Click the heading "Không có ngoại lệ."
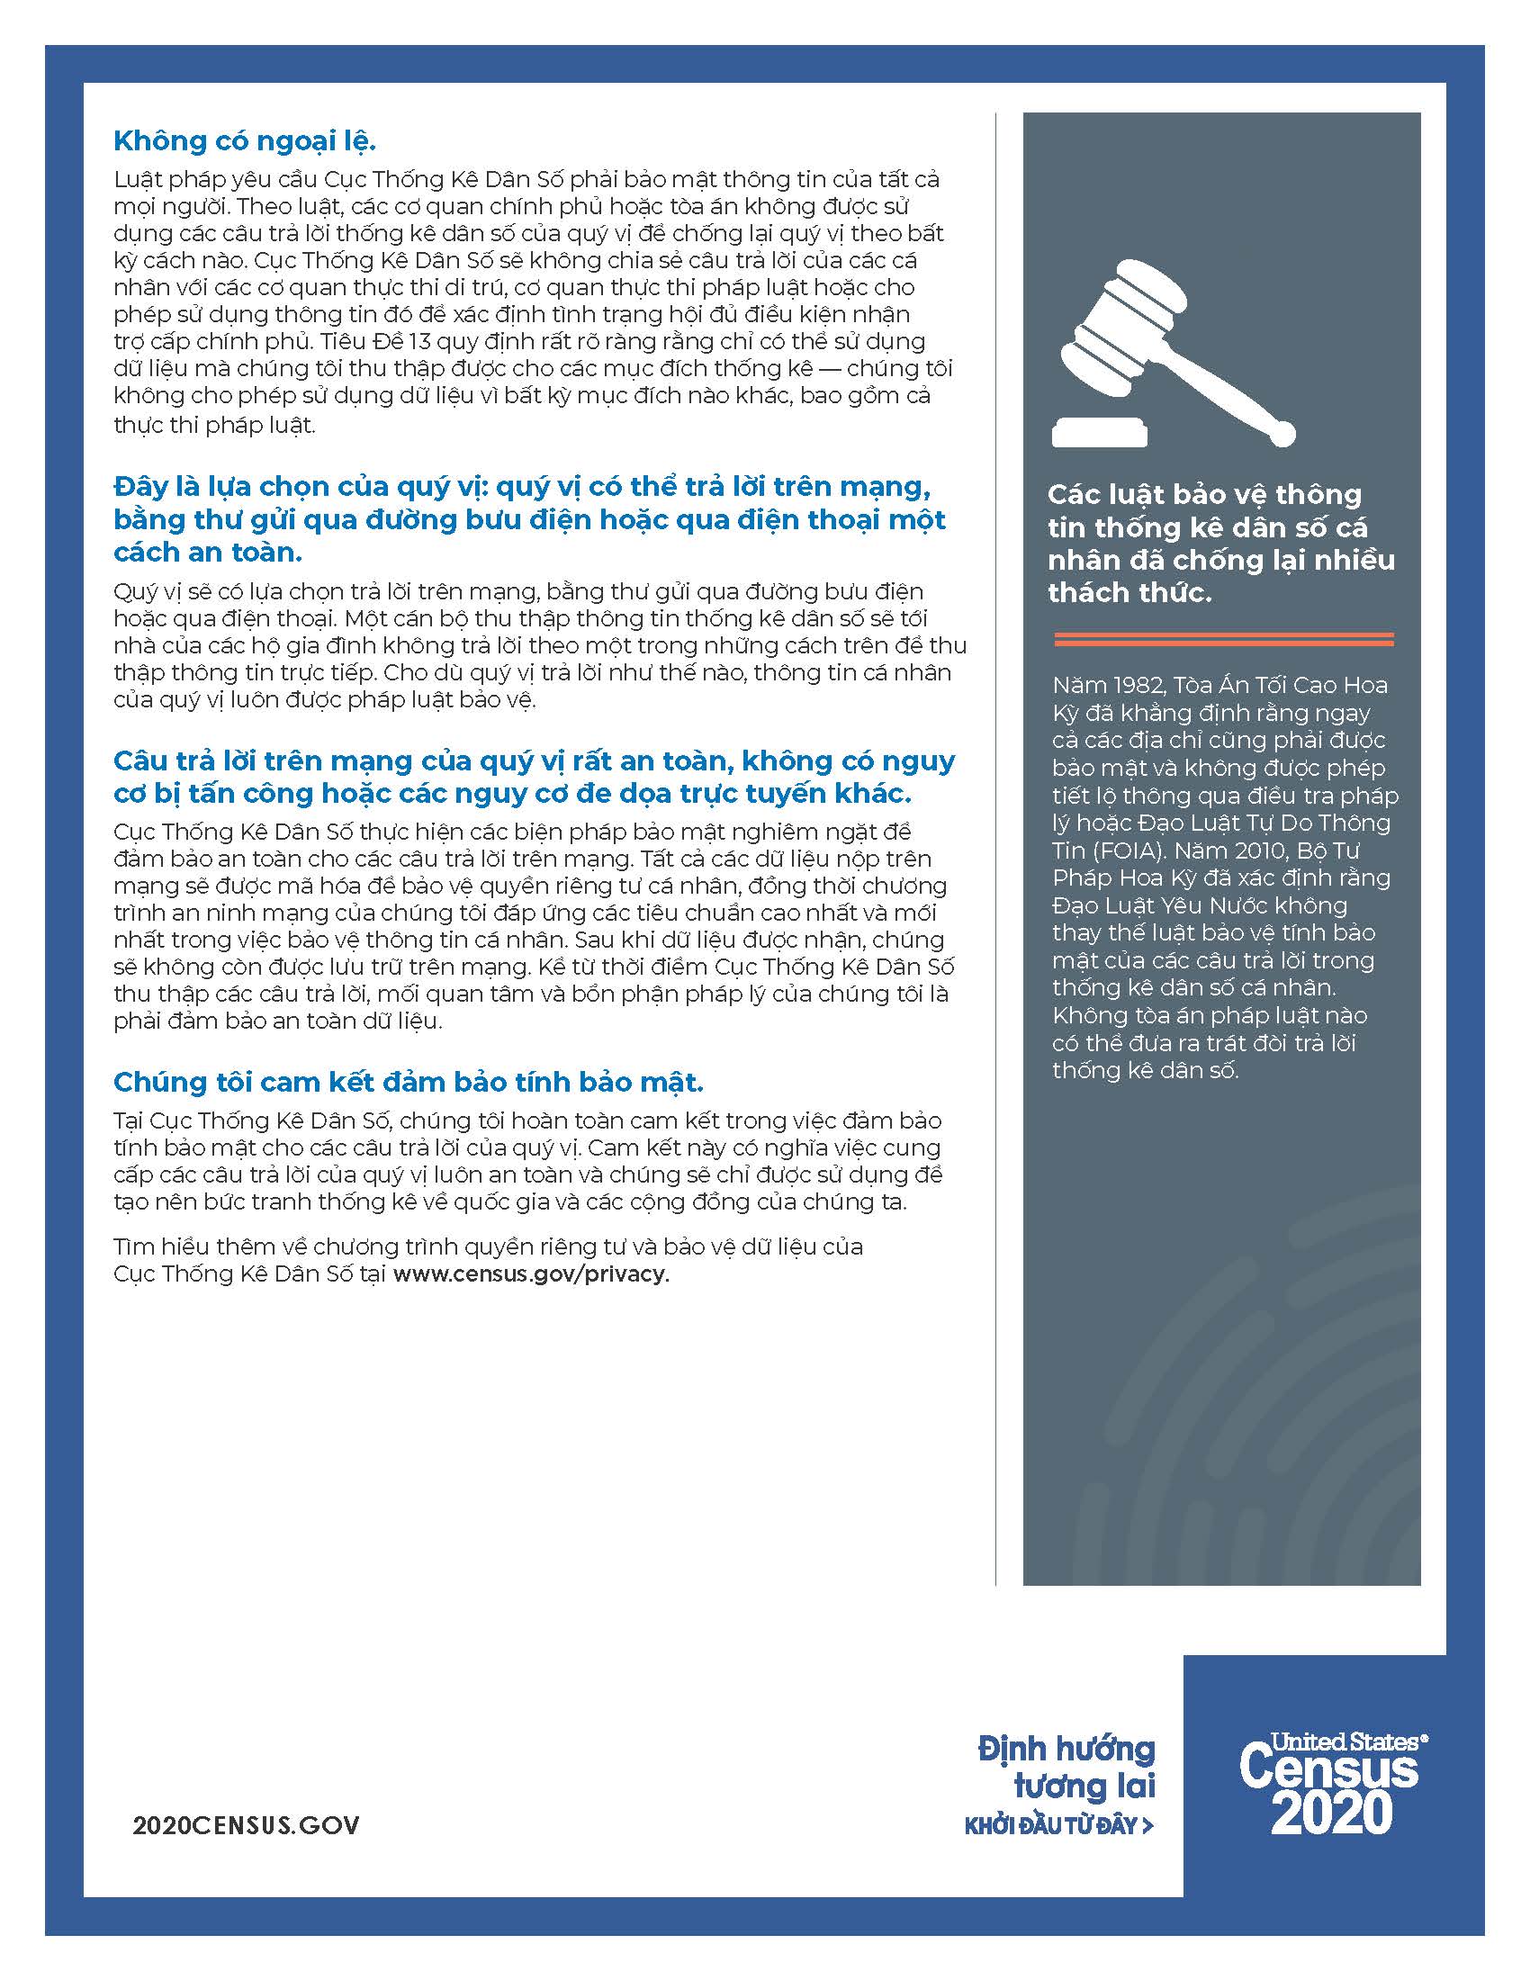[x=245, y=141]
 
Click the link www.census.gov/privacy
[x=531, y=1273]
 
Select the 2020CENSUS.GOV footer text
[x=246, y=1825]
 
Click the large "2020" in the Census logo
[x=1330, y=1813]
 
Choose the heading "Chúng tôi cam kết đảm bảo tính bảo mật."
[x=408, y=1082]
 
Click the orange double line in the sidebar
[x=1224, y=639]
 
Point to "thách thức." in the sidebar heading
[x=1129, y=593]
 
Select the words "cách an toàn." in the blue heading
[x=208, y=552]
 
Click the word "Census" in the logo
[x=1328, y=1768]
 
